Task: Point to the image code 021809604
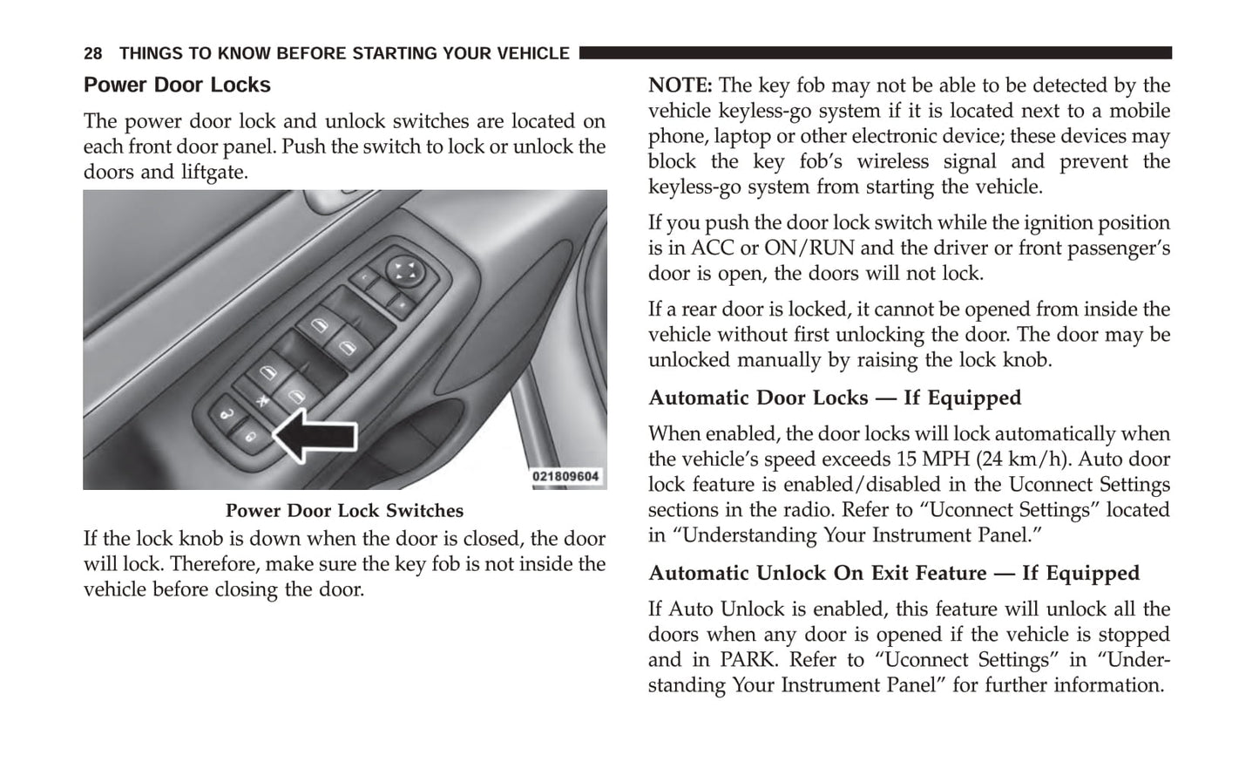[x=566, y=476]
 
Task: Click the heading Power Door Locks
[x=177, y=85]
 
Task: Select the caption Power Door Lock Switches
[x=344, y=511]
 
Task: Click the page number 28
[x=93, y=54]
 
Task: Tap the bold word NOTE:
[x=680, y=85]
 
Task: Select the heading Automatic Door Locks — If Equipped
[x=834, y=398]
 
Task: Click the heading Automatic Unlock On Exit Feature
[x=817, y=574]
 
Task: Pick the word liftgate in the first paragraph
[x=213, y=172]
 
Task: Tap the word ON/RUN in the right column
[x=809, y=248]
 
